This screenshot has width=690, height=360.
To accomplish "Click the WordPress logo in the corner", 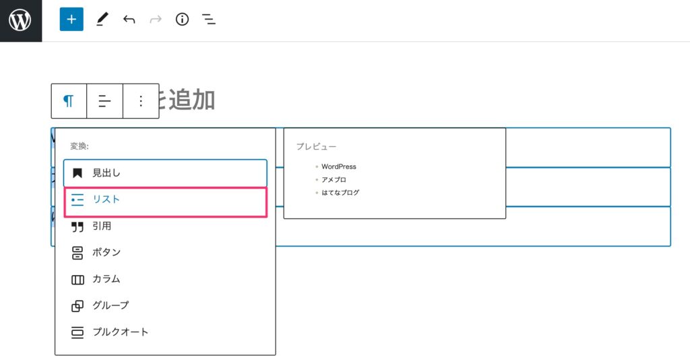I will click(x=20, y=20).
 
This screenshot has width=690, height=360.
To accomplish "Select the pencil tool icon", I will click(x=102, y=20).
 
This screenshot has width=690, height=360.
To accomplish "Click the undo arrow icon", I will click(x=129, y=20).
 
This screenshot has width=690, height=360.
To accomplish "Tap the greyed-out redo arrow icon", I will click(x=156, y=20).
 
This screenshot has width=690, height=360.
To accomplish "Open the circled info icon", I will click(x=182, y=20).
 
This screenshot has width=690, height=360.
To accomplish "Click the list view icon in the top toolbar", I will click(x=210, y=20).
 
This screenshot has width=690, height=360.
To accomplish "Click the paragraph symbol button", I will click(x=69, y=101).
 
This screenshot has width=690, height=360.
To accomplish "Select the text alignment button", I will click(x=104, y=101).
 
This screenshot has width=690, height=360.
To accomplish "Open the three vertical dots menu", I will click(x=141, y=101).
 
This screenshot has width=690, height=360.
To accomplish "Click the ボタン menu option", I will click(x=106, y=252).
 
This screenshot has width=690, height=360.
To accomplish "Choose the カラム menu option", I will click(x=106, y=278).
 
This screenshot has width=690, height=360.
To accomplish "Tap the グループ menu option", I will click(x=111, y=305).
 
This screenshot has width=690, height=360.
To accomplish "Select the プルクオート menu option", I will click(x=120, y=332).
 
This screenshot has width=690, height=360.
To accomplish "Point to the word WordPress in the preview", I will click(x=339, y=167).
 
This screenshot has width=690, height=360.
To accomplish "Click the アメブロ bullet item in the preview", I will click(x=334, y=179).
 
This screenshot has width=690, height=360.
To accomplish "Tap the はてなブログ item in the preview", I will click(x=340, y=192).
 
